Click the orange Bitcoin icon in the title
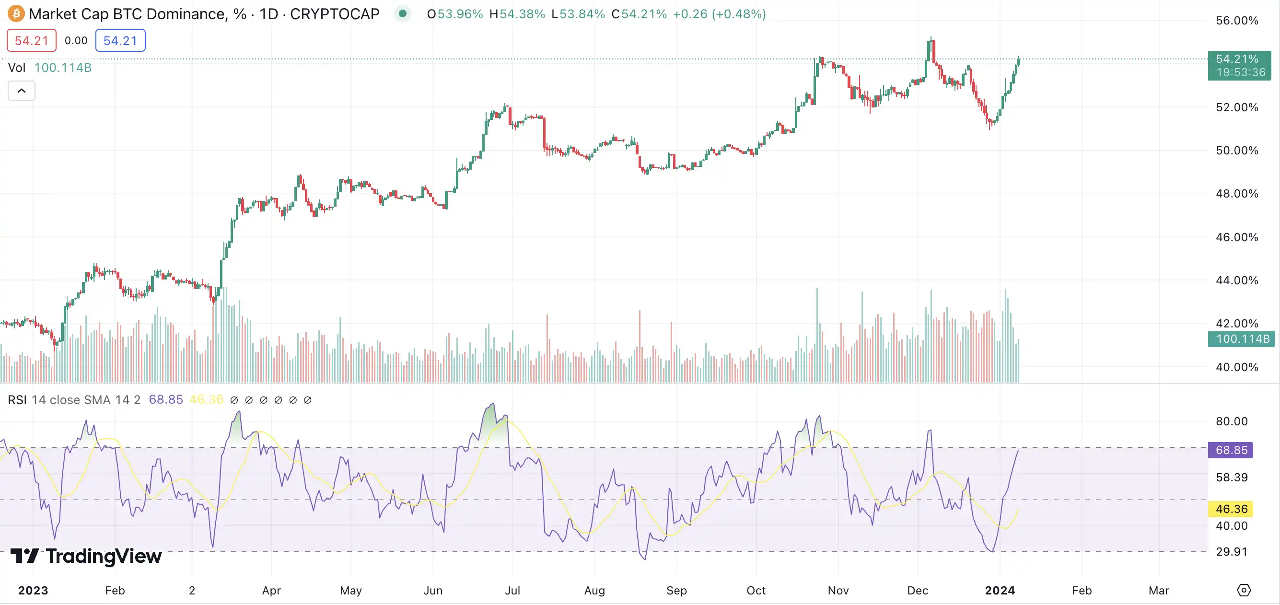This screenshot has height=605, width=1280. [x=16, y=13]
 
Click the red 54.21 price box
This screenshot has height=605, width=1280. [x=31, y=40]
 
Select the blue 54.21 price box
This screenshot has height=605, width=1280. [x=120, y=40]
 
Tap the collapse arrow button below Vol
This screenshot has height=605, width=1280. [x=22, y=91]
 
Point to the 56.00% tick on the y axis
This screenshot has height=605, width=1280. [x=1237, y=20]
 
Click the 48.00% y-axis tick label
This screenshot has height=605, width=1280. [x=1237, y=193]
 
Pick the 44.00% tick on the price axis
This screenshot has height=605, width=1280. [x=1237, y=280]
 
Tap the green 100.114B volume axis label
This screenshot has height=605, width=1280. [x=1241, y=339]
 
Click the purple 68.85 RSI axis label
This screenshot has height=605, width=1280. [x=1231, y=450]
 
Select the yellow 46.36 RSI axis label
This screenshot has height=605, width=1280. [x=1231, y=509]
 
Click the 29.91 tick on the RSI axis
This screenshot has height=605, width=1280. [x=1231, y=551]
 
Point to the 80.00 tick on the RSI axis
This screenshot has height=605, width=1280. [x=1231, y=421]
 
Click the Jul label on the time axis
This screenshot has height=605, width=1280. [x=512, y=590]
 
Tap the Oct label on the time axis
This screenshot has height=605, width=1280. [x=756, y=590]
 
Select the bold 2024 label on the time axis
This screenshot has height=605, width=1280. [x=1000, y=590]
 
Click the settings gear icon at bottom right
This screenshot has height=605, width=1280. [x=1243, y=590]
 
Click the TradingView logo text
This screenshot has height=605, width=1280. [x=86, y=556]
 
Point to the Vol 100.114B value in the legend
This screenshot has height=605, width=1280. [x=63, y=68]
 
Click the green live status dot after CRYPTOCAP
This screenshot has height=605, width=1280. [x=403, y=13]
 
